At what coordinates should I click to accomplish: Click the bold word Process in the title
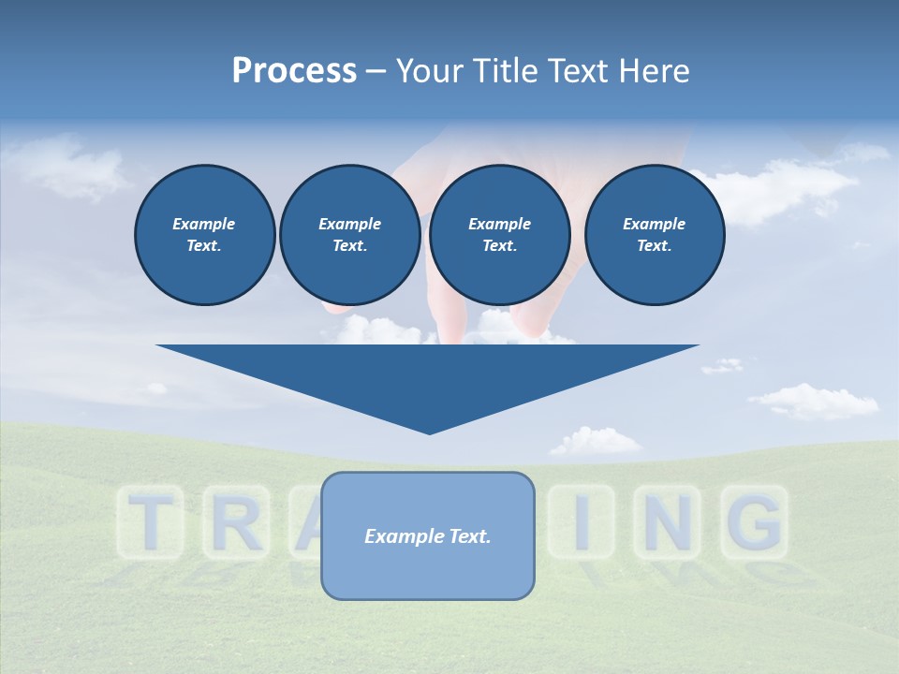coord(294,71)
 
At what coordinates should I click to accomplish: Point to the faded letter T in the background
coord(149,522)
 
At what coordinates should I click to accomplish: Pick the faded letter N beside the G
coord(667,522)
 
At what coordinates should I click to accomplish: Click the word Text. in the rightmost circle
coord(654,245)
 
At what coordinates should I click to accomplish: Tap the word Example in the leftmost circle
coord(204,224)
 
